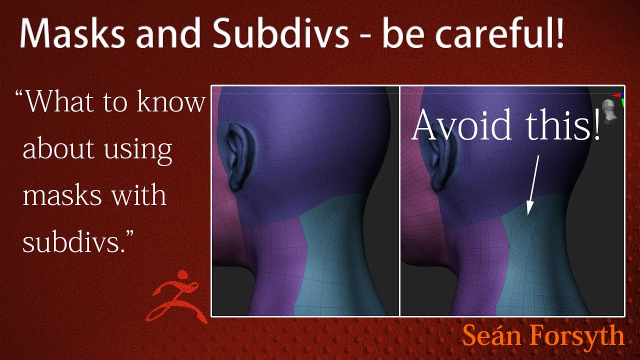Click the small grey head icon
[608, 111]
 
